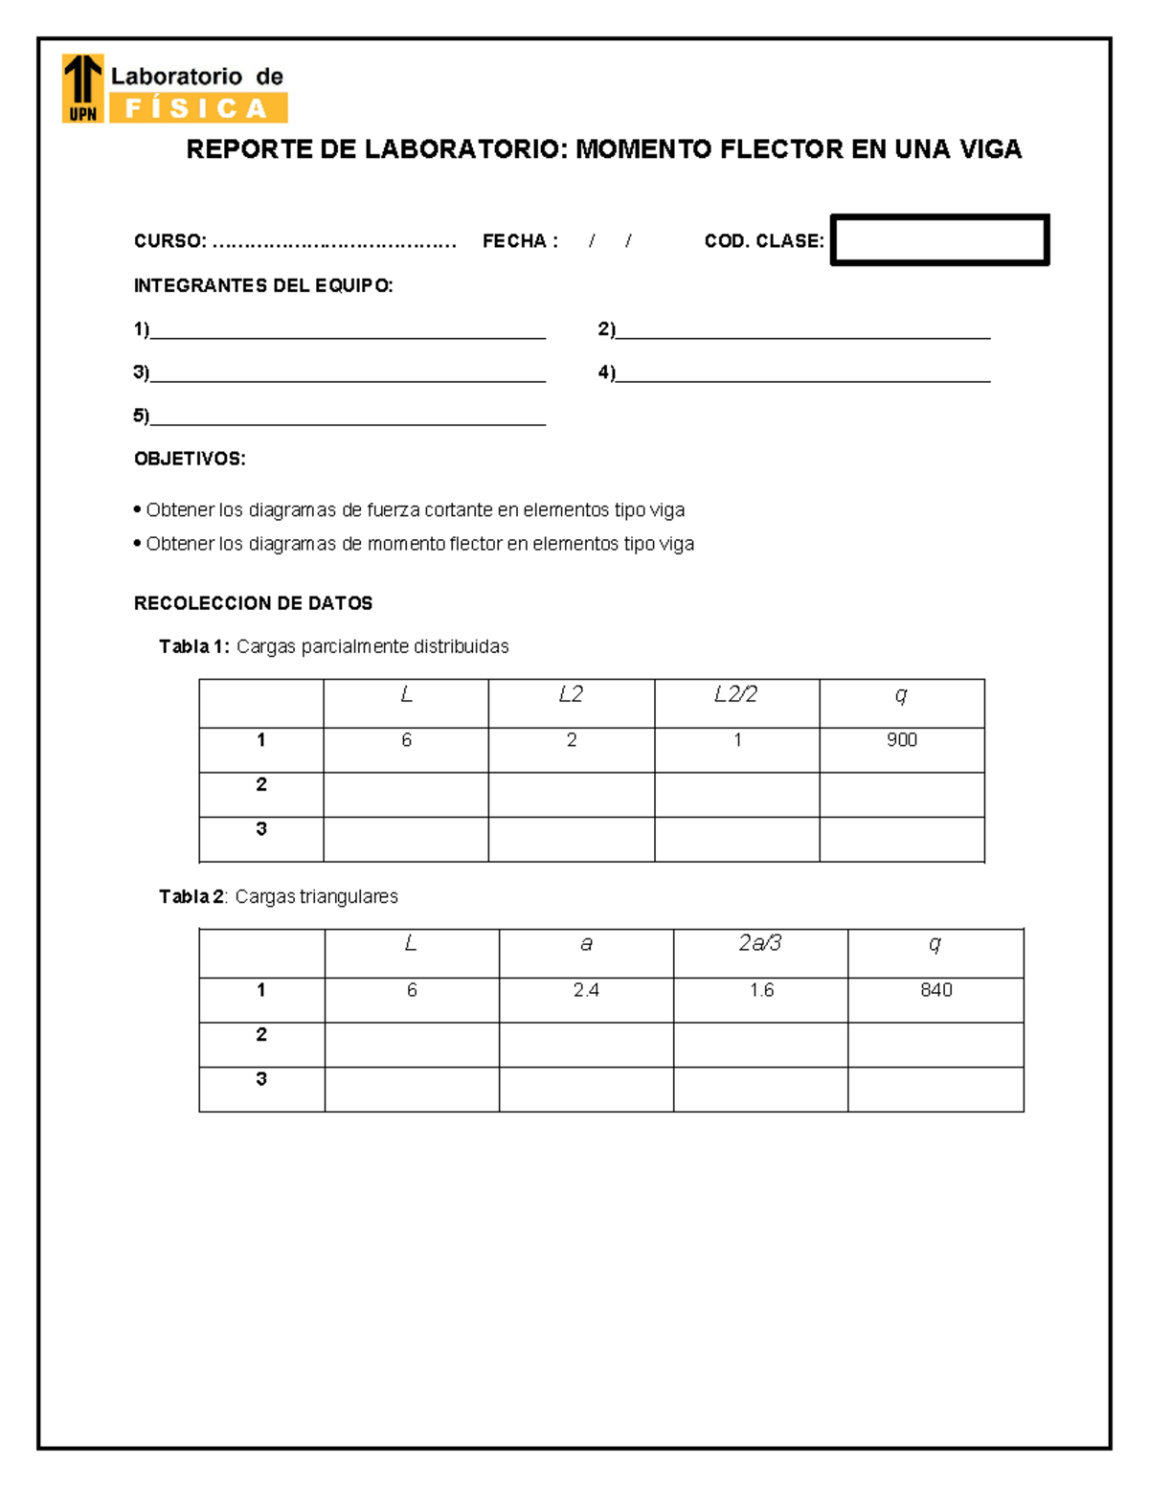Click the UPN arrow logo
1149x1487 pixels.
coord(82,88)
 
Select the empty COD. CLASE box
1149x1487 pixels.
coord(939,239)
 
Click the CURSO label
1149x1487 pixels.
coord(169,241)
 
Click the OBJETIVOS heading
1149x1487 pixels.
coord(190,459)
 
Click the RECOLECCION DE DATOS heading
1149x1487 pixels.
coord(253,603)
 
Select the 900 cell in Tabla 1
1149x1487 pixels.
coord(901,740)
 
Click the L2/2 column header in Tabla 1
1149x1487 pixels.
coord(735,695)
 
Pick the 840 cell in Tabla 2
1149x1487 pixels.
coord(935,990)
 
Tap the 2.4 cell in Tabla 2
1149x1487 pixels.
coord(586,990)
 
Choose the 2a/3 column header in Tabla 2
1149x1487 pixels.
coord(760,944)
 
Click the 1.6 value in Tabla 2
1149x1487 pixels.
coord(761,990)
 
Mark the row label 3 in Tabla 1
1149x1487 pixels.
coord(260,829)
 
